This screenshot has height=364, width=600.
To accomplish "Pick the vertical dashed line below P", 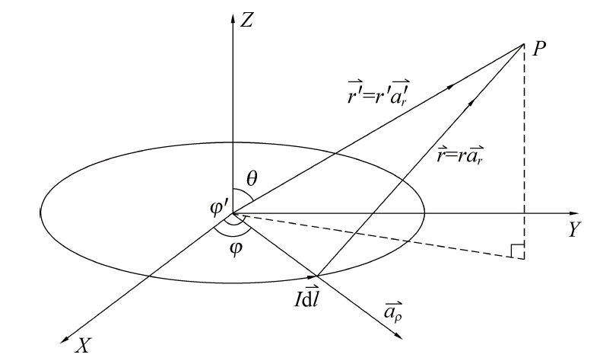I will tap(524, 152).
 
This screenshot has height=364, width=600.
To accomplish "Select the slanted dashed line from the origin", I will tap(380, 236).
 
